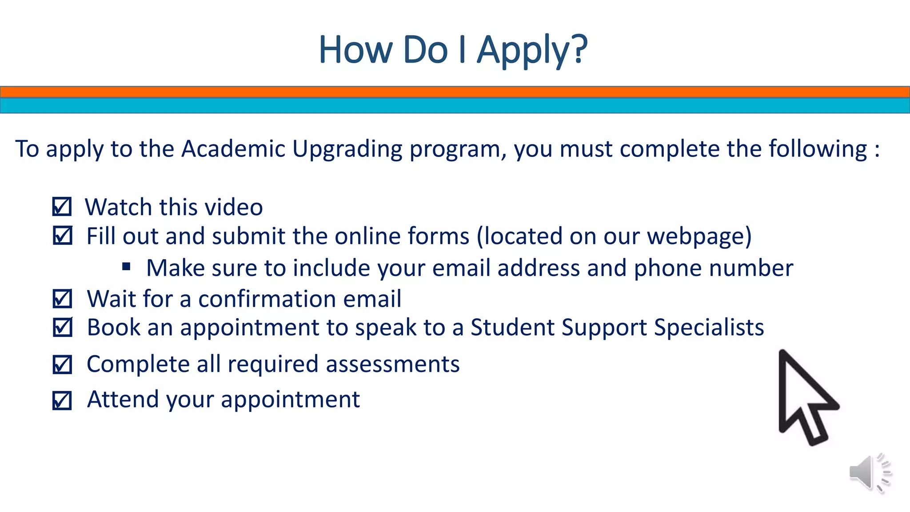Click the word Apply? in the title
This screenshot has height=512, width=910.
pos(532,50)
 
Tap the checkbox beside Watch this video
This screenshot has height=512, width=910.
pos(62,207)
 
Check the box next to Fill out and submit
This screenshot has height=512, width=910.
pos(62,236)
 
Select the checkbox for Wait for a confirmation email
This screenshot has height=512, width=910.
pos(62,299)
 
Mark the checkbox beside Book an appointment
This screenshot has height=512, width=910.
pos(62,328)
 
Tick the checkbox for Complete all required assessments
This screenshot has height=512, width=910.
pos(62,364)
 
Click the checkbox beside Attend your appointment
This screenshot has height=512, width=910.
pos(62,400)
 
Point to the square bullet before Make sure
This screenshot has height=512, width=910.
pos(126,267)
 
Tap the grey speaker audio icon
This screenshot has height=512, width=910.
pos(869,473)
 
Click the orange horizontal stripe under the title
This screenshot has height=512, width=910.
pos(455,92)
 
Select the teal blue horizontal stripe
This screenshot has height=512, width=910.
pos(455,106)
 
